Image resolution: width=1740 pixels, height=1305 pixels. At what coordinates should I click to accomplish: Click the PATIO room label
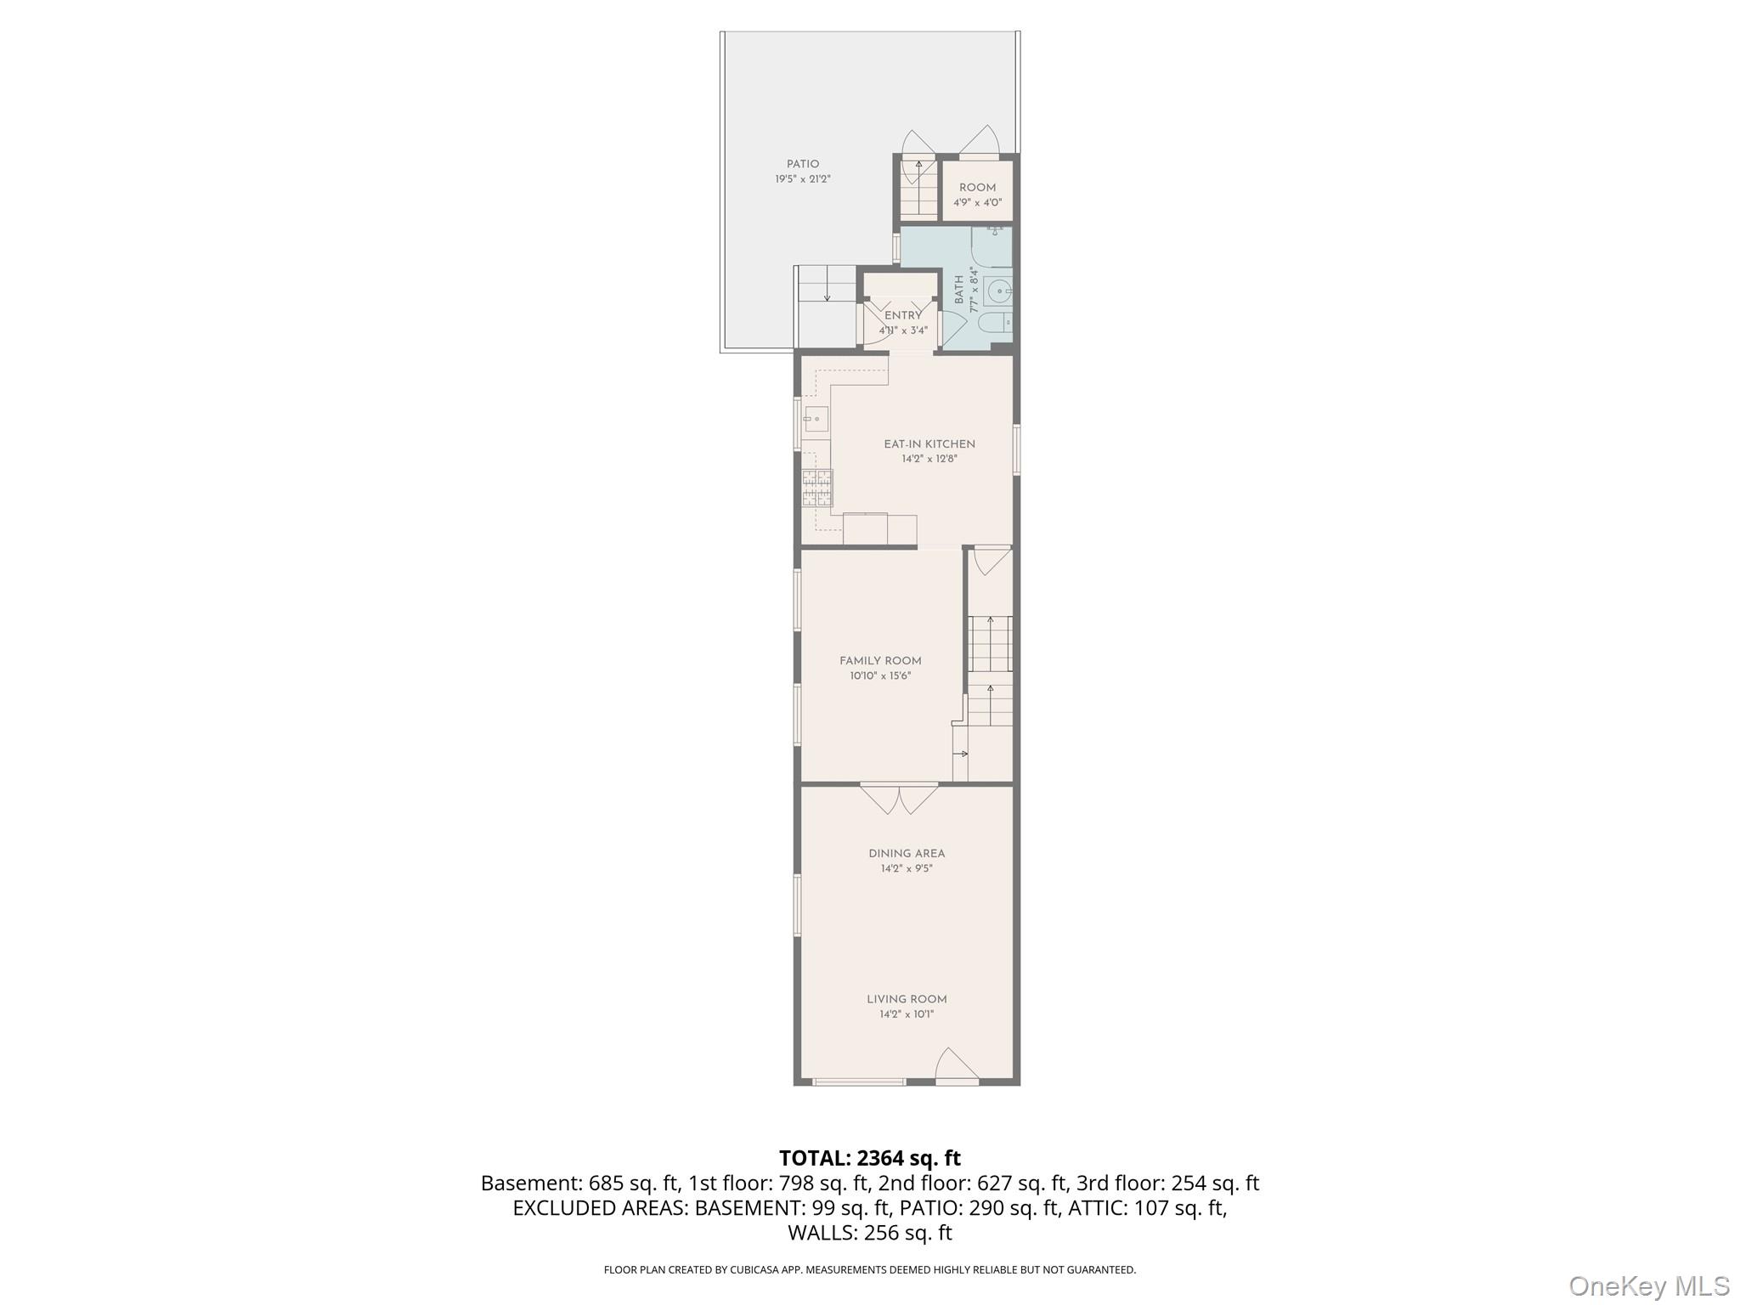point(803,164)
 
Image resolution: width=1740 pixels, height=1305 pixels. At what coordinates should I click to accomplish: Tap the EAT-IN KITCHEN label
point(929,444)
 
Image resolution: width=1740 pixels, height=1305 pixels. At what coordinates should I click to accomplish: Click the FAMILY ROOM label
point(880,661)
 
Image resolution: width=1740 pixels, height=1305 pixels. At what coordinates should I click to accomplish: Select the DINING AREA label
point(907,854)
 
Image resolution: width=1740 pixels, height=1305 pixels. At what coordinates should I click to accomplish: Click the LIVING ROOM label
point(907,1000)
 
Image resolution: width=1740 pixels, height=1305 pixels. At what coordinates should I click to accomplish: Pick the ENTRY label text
point(903,316)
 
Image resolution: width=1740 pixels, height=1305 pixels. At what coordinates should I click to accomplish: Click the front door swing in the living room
point(957,1065)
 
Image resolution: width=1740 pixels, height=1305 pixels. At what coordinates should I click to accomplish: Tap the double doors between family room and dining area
point(900,799)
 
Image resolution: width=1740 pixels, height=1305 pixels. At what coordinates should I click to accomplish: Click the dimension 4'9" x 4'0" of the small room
point(977,203)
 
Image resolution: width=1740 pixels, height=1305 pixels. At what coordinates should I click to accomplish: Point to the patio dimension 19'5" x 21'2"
point(803,179)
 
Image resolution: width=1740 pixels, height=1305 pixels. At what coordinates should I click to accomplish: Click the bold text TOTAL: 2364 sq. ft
point(870,1158)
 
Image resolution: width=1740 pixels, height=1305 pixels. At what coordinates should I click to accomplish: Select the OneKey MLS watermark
point(1649,1285)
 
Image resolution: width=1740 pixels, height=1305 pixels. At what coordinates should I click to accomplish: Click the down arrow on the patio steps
point(828,295)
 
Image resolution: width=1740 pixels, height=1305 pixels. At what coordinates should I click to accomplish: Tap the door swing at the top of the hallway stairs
point(991,561)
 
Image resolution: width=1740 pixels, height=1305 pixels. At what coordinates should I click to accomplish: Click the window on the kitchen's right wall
point(1017,449)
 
